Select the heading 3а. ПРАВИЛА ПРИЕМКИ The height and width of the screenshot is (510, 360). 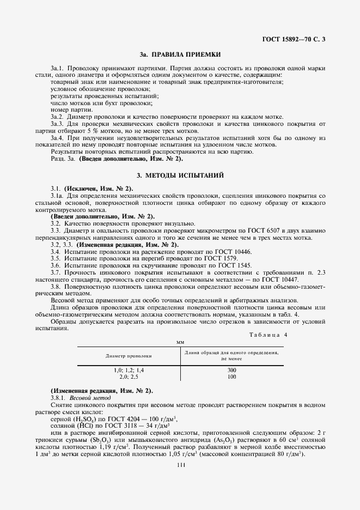(180, 55)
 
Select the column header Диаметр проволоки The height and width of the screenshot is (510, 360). (129, 355)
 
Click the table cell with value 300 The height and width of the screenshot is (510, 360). (232, 370)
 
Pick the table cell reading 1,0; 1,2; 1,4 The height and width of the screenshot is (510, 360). (129, 370)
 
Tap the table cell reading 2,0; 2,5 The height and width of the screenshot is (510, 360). (129, 377)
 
